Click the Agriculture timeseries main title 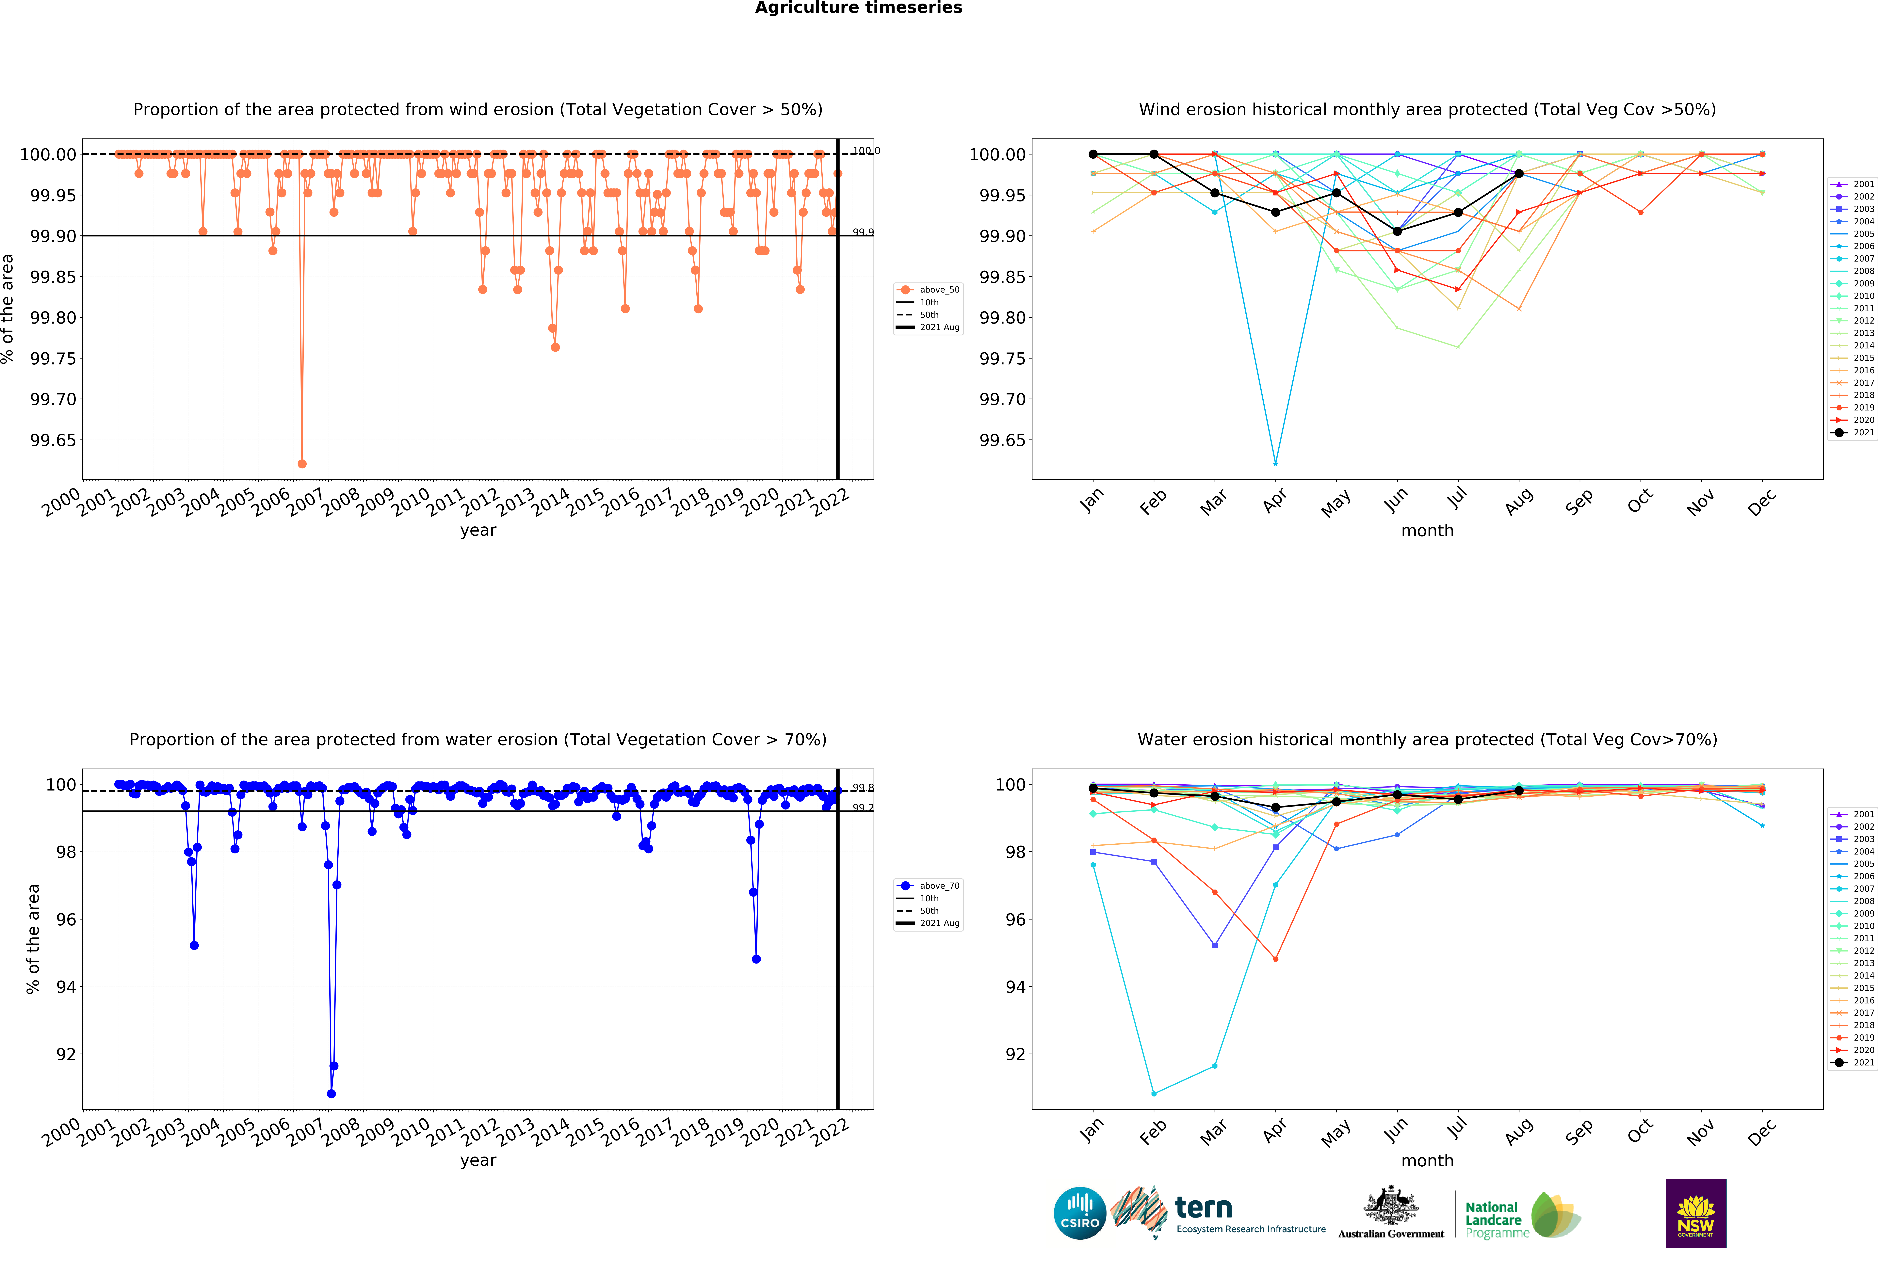(x=858, y=8)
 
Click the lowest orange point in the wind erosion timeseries (x=302, y=464)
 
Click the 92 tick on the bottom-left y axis (x=66, y=1054)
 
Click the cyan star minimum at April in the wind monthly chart (x=1275, y=464)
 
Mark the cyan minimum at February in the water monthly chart (x=1154, y=1094)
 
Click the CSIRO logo (x=1079, y=1213)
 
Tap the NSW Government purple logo (x=1695, y=1213)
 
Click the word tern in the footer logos (x=1204, y=1207)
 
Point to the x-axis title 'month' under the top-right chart (x=1427, y=530)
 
